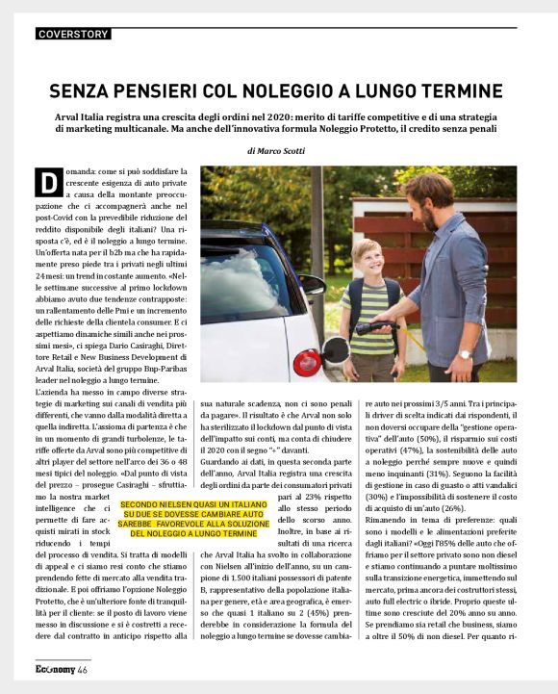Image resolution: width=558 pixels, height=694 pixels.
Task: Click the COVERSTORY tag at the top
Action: pos(73,34)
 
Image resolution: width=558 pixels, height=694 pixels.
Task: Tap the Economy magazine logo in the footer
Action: pos(48,668)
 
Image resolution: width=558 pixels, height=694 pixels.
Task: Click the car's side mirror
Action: pos(313,286)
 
